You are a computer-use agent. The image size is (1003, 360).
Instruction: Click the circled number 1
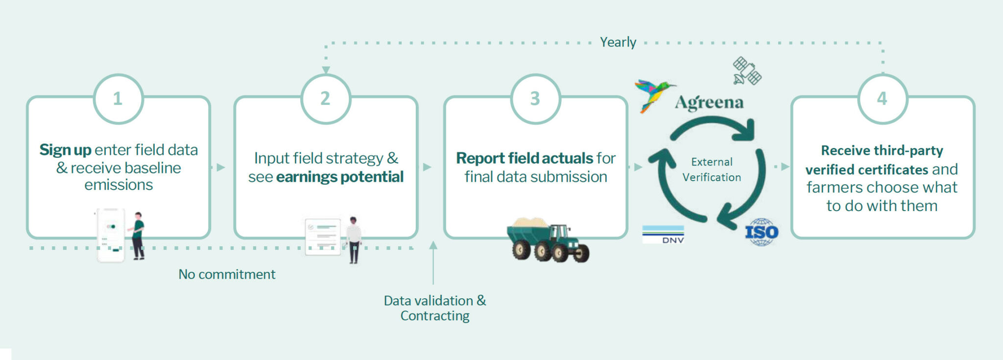point(118,98)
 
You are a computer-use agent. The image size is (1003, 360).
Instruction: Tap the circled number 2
point(326,98)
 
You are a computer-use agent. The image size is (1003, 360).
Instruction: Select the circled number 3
point(535,98)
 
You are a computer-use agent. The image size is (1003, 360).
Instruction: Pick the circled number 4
point(883,98)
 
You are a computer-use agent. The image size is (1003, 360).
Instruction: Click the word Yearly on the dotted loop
point(618,42)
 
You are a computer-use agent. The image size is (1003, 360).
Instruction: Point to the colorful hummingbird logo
point(654,96)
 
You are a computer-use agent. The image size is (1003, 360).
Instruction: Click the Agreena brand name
point(709,102)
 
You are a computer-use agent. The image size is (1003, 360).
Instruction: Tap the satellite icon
point(747,71)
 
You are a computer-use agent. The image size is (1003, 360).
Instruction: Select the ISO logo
point(762,232)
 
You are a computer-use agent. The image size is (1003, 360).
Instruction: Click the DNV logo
point(663,235)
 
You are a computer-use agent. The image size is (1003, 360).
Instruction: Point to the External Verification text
point(712,169)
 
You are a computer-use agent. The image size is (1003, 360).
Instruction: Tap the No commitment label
point(227,274)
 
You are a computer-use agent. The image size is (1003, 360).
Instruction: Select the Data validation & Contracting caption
point(435,308)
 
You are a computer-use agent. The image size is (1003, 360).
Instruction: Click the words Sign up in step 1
point(66,150)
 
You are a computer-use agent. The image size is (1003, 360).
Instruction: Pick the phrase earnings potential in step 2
point(340,177)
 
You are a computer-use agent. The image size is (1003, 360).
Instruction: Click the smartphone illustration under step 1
point(111,235)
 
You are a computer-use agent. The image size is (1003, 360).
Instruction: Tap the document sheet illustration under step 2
point(323,237)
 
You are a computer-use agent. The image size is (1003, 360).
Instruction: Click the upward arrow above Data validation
point(433,263)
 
